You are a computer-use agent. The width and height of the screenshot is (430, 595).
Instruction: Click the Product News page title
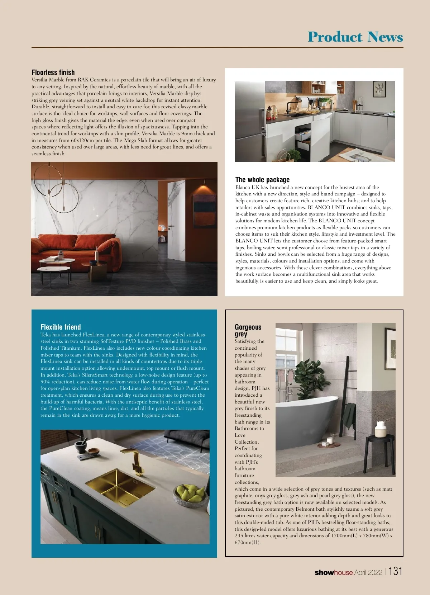pyautogui.click(x=355, y=37)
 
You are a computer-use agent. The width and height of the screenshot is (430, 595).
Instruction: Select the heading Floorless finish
pyautogui.click(x=53, y=72)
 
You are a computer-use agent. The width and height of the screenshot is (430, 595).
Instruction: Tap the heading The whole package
pyautogui.click(x=262, y=180)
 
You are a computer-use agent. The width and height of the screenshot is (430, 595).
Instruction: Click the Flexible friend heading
pyautogui.click(x=61, y=327)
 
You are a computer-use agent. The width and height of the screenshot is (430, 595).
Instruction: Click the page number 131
pyautogui.click(x=396, y=571)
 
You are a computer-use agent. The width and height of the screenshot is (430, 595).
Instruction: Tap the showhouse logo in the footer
pyautogui.click(x=333, y=572)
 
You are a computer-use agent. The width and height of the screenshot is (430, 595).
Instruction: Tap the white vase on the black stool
pyautogui.click(x=379, y=429)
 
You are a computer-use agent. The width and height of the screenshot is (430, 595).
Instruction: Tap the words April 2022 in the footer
pyautogui.click(x=368, y=572)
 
